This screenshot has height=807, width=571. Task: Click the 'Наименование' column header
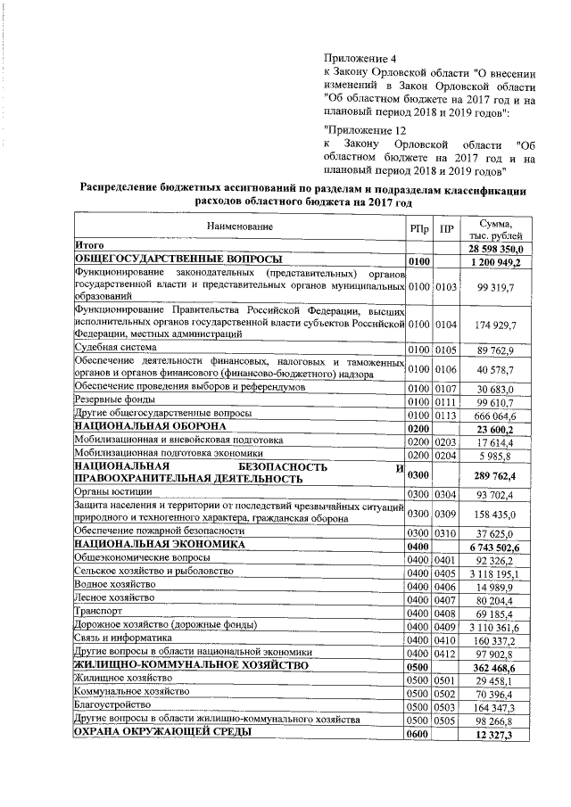(x=240, y=227)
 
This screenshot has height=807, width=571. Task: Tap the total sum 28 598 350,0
(x=498, y=247)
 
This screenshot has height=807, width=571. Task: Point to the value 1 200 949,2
(x=501, y=261)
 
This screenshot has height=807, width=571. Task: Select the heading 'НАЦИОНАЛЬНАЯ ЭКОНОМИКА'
(x=159, y=543)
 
